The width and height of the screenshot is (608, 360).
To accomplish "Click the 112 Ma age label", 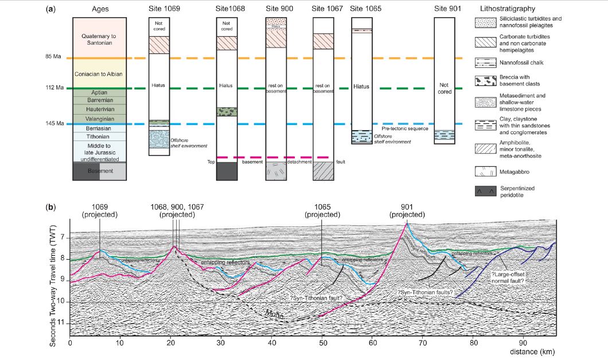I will click(x=58, y=88).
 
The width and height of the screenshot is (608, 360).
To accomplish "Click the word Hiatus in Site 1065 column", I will click(x=361, y=87).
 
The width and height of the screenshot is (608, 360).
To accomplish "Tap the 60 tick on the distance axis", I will click(x=372, y=343).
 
